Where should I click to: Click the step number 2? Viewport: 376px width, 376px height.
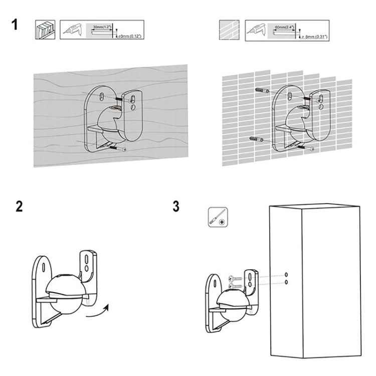tap(19, 206)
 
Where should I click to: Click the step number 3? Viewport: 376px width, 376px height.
tap(175, 206)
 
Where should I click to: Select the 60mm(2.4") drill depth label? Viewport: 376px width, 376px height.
tap(283, 26)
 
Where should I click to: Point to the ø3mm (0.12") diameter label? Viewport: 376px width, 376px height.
tap(130, 36)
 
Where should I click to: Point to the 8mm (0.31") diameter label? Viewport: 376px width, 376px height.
tap(315, 36)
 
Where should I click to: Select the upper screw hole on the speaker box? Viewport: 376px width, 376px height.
tap(286, 275)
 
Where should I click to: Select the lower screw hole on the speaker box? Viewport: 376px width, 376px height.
tap(286, 282)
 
